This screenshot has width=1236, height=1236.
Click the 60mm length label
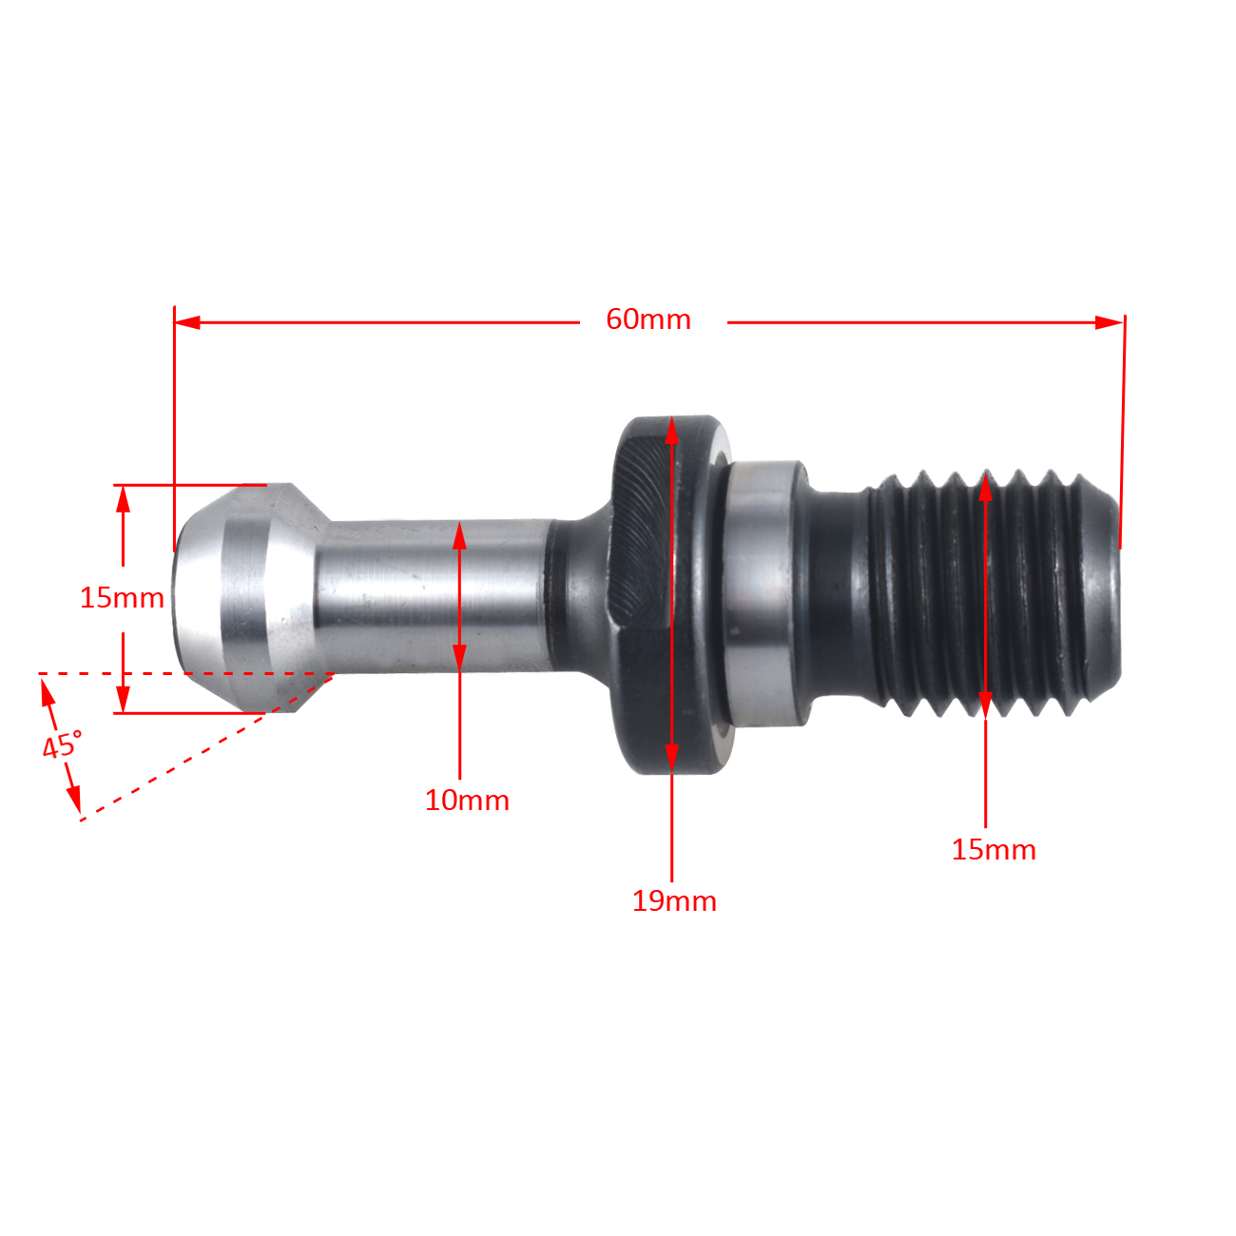tap(648, 319)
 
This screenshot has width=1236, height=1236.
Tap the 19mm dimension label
tap(674, 900)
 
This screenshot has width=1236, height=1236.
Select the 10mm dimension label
tap(467, 800)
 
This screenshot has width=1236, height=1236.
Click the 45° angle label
tap(62, 744)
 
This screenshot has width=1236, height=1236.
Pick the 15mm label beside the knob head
tap(122, 597)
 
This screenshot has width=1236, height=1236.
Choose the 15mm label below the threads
tap(994, 849)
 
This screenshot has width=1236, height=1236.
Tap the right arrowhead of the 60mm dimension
tap(1110, 322)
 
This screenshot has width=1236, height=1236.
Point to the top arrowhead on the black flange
tap(672, 433)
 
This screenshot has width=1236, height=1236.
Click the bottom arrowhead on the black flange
tap(672, 758)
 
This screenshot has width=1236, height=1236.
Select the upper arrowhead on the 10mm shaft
tap(459, 536)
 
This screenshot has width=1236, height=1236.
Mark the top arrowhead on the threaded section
tap(985, 488)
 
